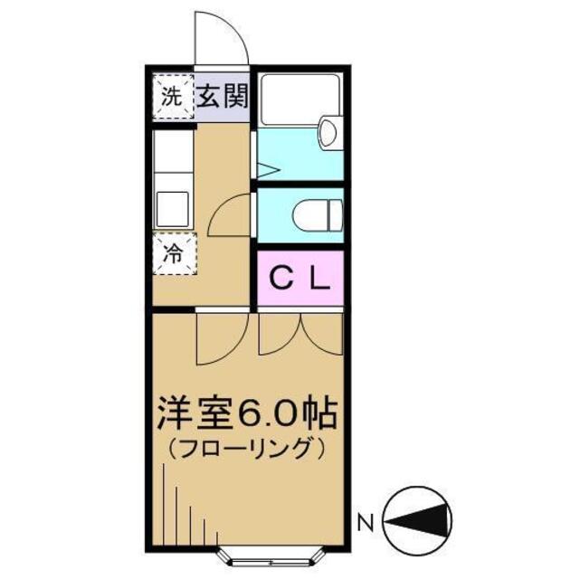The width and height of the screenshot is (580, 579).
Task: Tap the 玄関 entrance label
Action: (221, 95)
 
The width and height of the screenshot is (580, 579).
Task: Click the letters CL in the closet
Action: (301, 278)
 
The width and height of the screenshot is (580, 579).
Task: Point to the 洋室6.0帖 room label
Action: (246, 414)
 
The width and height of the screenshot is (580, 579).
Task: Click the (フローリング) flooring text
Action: (246, 447)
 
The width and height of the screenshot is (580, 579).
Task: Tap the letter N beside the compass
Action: (366, 522)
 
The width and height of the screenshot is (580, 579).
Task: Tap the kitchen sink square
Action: (172, 209)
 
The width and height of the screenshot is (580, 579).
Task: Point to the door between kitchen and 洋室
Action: (221, 336)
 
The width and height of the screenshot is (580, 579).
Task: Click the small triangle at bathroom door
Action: (265, 169)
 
